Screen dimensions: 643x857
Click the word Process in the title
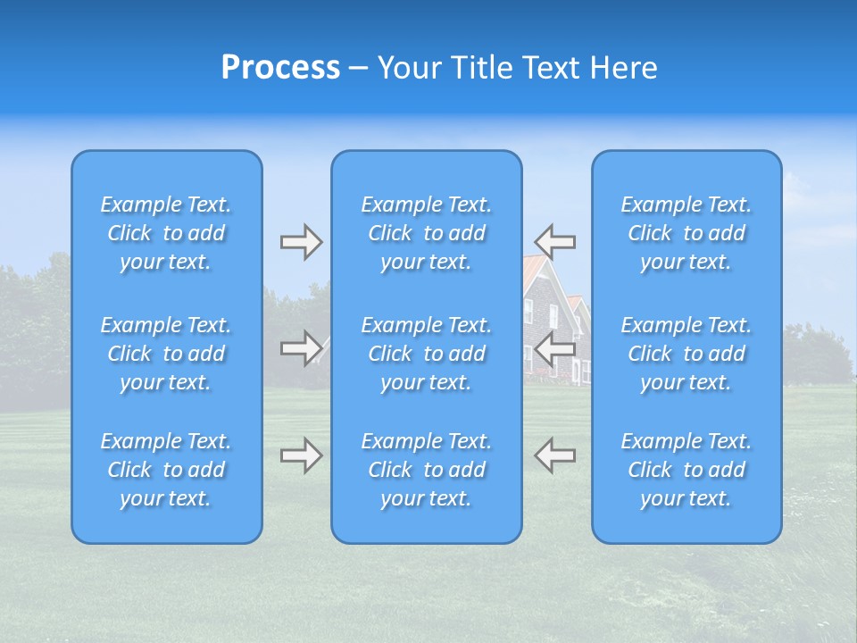point(280,68)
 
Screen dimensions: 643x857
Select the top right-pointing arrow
point(301,242)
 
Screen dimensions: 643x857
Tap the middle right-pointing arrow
point(301,347)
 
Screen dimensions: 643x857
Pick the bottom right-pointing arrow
point(301,455)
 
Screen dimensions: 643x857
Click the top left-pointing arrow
point(555,241)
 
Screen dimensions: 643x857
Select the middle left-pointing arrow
point(555,348)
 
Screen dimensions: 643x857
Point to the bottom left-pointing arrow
point(555,455)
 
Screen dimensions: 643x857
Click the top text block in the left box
point(166,233)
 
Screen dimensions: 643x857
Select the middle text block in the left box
point(166,354)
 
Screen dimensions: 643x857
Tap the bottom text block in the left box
point(166,470)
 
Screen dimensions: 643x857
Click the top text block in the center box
point(427,233)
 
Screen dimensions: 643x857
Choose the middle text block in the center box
point(427,354)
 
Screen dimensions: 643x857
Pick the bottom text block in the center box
point(427,470)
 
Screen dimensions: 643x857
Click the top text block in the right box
point(686,233)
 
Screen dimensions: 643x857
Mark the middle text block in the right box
point(686,354)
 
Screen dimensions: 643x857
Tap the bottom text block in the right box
point(686,470)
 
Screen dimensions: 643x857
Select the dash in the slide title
point(358,69)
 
